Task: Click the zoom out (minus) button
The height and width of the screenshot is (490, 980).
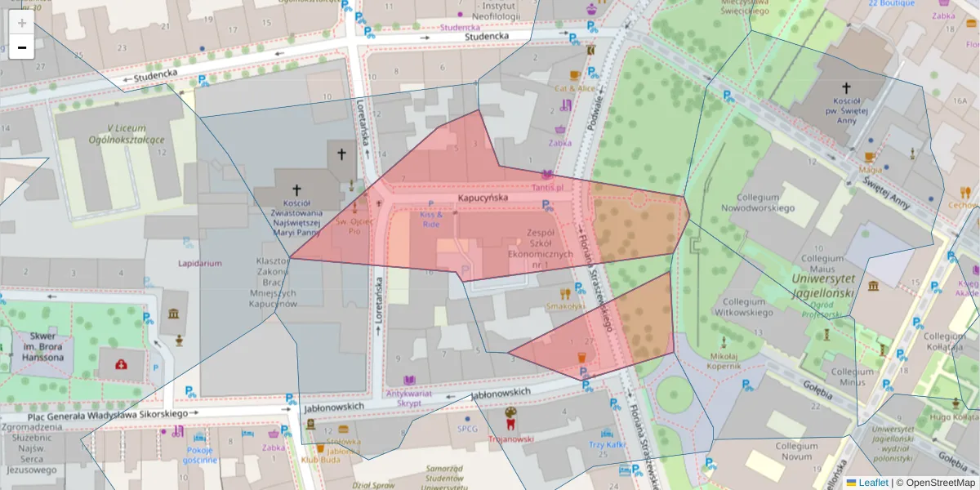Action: pyautogui.click(x=22, y=47)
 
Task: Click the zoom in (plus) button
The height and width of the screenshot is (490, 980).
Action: pyautogui.click(x=22, y=23)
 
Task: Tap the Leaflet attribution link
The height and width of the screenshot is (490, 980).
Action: pyautogui.click(x=866, y=483)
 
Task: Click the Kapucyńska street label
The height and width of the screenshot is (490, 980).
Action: pyautogui.click(x=483, y=198)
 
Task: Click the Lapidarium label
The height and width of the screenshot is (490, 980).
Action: pyautogui.click(x=200, y=264)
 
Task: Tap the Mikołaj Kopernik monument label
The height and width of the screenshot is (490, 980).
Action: pyautogui.click(x=724, y=361)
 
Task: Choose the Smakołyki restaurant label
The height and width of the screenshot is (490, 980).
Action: pyautogui.click(x=565, y=307)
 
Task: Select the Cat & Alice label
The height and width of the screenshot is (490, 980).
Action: pyautogui.click(x=575, y=88)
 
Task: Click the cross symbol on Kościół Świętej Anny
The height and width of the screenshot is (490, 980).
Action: pyautogui.click(x=847, y=88)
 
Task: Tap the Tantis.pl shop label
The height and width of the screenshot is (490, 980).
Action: pyautogui.click(x=548, y=187)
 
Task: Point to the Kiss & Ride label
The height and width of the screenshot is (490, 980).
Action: pyautogui.click(x=430, y=219)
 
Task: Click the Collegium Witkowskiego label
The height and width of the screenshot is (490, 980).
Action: pyautogui.click(x=749, y=305)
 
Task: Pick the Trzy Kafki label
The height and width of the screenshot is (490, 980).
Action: pyautogui.click(x=607, y=445)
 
